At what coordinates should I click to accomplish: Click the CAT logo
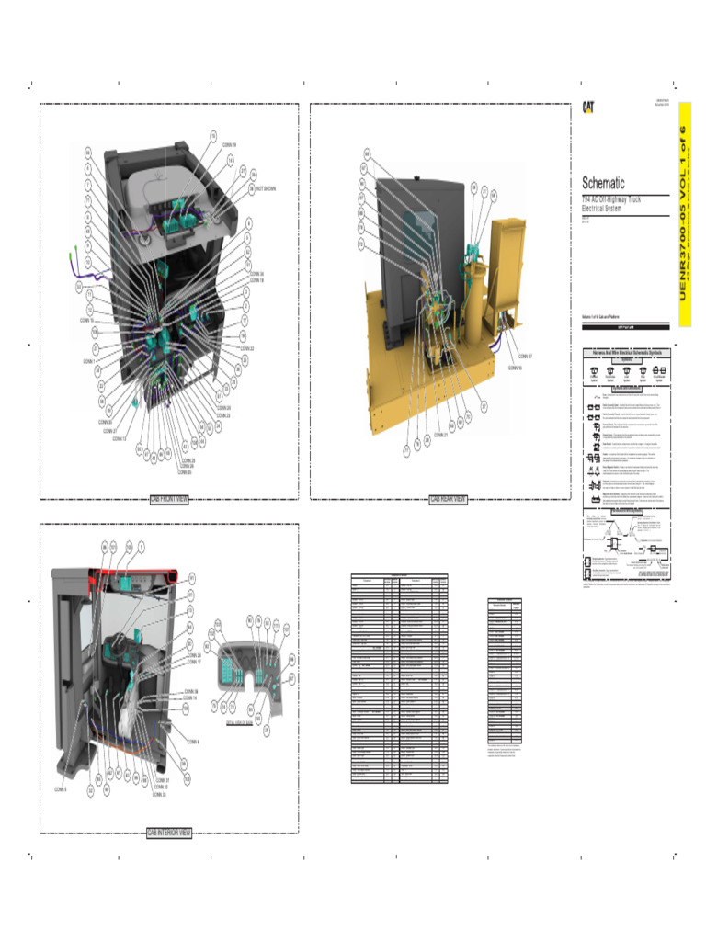click(x=586, y=107)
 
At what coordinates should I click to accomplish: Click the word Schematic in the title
click(x=603, y=183)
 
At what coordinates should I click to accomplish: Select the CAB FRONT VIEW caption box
click(x=169, y=500)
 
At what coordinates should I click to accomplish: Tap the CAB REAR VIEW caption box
click(x=448, y=500)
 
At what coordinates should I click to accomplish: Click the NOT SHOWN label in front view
click(x=266, y=189)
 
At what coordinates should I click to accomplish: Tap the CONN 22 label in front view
click(x=246, y=349)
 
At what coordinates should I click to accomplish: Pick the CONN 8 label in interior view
click(x=61, y=789)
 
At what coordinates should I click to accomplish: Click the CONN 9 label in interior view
click(x=193, y=741)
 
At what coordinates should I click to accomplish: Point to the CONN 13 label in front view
click(x=120, y=439)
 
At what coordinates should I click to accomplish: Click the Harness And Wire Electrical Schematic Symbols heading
click(x=627, y=353)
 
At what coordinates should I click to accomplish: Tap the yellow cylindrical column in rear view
click(x=473, y=303)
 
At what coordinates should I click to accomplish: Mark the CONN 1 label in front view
click(x=89, y=361)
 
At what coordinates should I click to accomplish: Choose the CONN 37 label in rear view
click(x=526, y=357)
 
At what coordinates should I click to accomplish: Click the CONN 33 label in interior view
click(x=159, y=795)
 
